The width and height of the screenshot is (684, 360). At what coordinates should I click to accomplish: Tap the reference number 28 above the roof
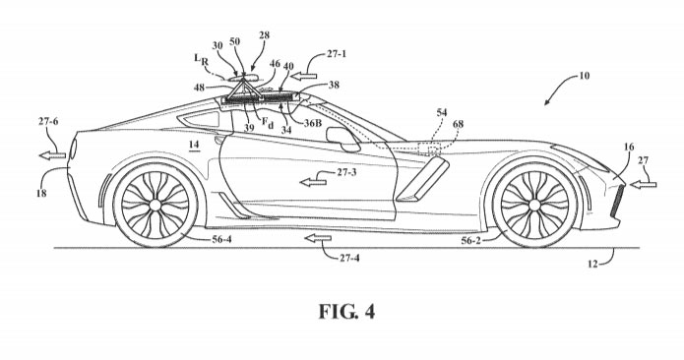point(263,35)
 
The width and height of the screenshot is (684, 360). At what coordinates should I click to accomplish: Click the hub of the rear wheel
point(156,204)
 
